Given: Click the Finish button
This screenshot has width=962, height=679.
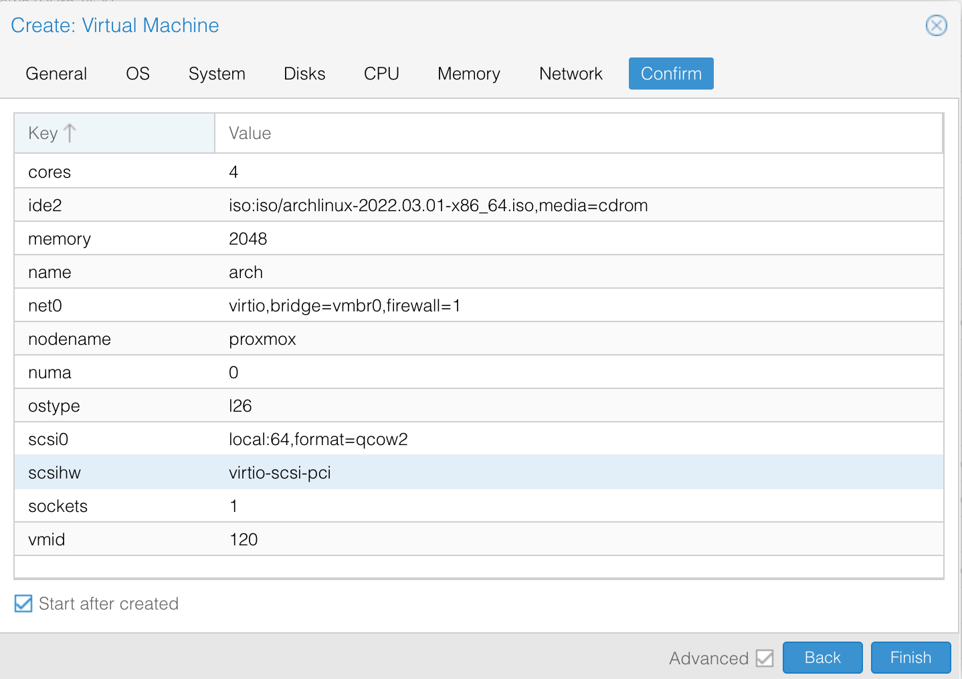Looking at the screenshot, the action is coord(910,657).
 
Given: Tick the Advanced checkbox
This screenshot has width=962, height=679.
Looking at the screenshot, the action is coord(765,658).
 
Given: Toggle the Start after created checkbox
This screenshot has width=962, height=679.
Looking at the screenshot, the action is coord(23,603).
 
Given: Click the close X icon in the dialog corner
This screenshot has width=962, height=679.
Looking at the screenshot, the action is coord(936,25).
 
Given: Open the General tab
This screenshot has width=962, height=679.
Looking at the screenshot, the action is coord(56,74).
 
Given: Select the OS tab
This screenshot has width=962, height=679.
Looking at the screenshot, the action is coord(138,74).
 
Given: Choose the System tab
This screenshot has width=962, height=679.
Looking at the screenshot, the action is coord(217,74).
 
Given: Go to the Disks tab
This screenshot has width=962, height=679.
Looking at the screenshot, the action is coord(304,74).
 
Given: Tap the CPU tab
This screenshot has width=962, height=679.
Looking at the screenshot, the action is coord(381,74).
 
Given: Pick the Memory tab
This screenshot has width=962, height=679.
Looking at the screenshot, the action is coord(469,74).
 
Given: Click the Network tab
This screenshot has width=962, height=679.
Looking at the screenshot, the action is coord(571,74).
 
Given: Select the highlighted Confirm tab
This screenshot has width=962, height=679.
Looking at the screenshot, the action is coord(671,74).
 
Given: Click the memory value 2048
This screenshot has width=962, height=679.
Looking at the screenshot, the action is coord(248,239).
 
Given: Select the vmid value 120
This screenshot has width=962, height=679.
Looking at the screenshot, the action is coord(244,539).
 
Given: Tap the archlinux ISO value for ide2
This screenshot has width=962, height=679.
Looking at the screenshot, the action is coord(438,205).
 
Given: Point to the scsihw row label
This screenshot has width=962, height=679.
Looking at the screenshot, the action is coord(55,472).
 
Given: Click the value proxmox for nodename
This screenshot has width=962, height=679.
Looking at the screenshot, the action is coord(262,339).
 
